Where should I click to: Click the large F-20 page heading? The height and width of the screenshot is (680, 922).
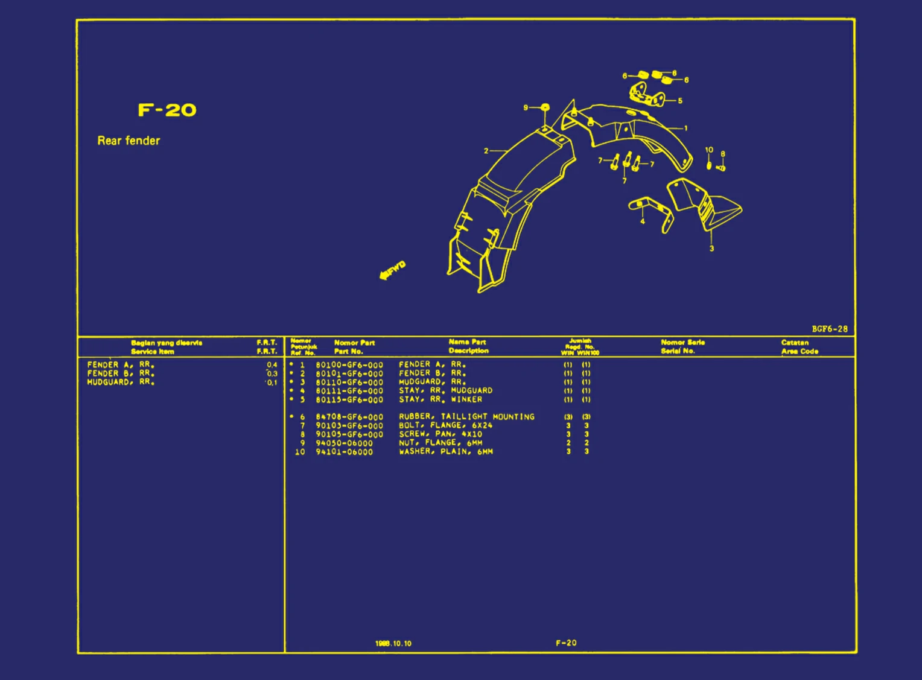pyautogui.click(x=167, y=110)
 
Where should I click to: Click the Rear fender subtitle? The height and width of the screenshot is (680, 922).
pyautogui.click(x=129, y=141)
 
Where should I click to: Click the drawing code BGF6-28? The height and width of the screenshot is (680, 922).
pyautogui.click(x=829, y=329)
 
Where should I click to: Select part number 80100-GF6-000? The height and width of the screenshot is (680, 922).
pyautogui.click(x=349, y=365)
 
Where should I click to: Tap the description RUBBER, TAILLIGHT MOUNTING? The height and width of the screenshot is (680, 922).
pyautogui.click(x=466, y=417)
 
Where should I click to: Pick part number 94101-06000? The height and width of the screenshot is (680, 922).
pyautogui.click(x=344, y=452)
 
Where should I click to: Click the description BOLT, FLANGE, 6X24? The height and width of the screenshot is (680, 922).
pyautogui.click(x=445, y=425)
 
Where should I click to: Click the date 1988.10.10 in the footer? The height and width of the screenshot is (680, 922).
pyautogui.click(x=393, y=643)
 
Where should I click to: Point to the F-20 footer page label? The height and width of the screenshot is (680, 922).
pyautogui.click(x=566, y=643)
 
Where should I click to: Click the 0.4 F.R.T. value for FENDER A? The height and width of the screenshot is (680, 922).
pyautogui.click(x=272, y=365)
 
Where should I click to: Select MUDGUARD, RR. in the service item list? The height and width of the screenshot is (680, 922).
pyautogui.click(x=121, y=382)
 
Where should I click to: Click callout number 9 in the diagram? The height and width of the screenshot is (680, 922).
pyautogui.click(x=526, y=107)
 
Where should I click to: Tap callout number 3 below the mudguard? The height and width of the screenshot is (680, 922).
pyautogui.click(x=711, y=249)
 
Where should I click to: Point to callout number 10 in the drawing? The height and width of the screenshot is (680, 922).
pyautogui.click(x=709, y=150)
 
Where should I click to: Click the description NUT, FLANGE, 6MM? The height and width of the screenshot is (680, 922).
pyautogui.click(x=440, y=443)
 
